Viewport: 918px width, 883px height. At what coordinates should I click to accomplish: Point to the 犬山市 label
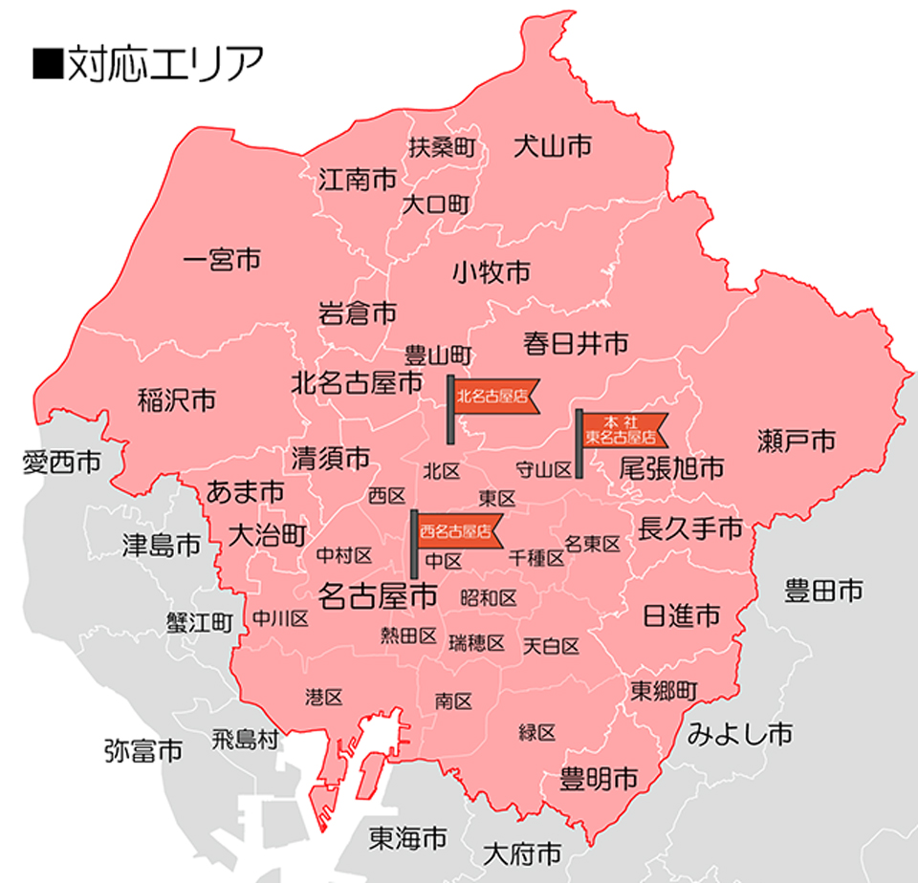[x=553, y=146]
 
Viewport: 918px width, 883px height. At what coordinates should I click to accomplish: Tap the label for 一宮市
[x=221, y=259]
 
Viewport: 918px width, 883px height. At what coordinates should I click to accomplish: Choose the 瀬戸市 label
[x=797, y=441]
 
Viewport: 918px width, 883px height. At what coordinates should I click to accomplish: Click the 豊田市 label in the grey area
[x=823, y=591]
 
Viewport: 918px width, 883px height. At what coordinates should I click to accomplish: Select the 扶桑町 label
[x=442, y=147]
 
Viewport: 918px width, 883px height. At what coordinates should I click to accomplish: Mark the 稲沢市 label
[x=177, y=400]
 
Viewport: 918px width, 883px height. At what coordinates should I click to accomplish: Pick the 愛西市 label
[x=61, y=464]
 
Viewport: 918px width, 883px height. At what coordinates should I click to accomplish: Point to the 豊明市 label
[x=599, y=778]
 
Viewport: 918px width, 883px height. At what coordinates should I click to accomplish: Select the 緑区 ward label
[x=537, y=733]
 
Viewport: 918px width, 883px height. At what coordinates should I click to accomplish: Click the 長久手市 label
[x=690, y=528]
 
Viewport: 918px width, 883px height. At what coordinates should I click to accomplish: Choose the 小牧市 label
[x=492, y=273]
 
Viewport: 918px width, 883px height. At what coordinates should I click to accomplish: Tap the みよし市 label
[x=739, y=734]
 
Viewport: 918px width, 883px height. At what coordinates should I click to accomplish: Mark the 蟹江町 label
[x=200, y=622]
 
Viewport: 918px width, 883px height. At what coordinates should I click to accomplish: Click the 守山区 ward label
[x=543, y=469]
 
